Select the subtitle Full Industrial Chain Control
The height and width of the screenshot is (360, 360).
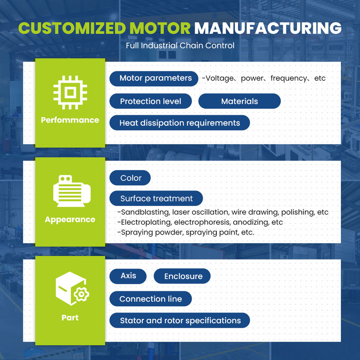coord(180,46)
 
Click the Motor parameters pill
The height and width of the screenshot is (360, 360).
coord(154,78)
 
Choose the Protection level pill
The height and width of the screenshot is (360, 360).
coord(150,101)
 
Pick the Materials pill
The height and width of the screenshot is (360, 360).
coord(239,101)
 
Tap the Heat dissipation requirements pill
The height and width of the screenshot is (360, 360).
coord(180,123)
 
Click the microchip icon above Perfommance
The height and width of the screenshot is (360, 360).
coord(70,92)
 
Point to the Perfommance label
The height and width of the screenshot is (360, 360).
coord(70,120)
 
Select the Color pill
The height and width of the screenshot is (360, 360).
coord(130,178)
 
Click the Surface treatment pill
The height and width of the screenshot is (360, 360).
coord(156,198)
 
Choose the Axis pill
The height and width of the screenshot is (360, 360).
coord(128,276)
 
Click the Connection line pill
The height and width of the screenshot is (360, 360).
coord(150,299)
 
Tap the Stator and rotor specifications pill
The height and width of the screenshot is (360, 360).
coord(180,321)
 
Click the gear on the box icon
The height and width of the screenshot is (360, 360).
coord(81,294)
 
